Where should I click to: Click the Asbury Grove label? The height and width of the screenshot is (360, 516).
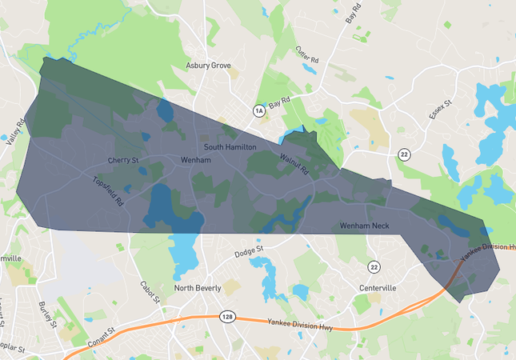click(x=208, y=66)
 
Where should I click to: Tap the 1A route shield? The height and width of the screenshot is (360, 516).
click(x=258, y=110)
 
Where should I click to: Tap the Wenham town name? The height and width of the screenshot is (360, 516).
click(x=195, y=160)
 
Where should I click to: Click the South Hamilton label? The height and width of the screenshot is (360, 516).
click(x=230, y=147)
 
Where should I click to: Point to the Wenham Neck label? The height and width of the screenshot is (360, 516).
click(x=364, y=226)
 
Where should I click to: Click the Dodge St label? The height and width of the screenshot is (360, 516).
click(x=249, y=254)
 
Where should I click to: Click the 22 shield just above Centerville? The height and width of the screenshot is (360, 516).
click(x=374, y=266)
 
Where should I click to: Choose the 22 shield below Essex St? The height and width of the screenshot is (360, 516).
click(x=406, y=154)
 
